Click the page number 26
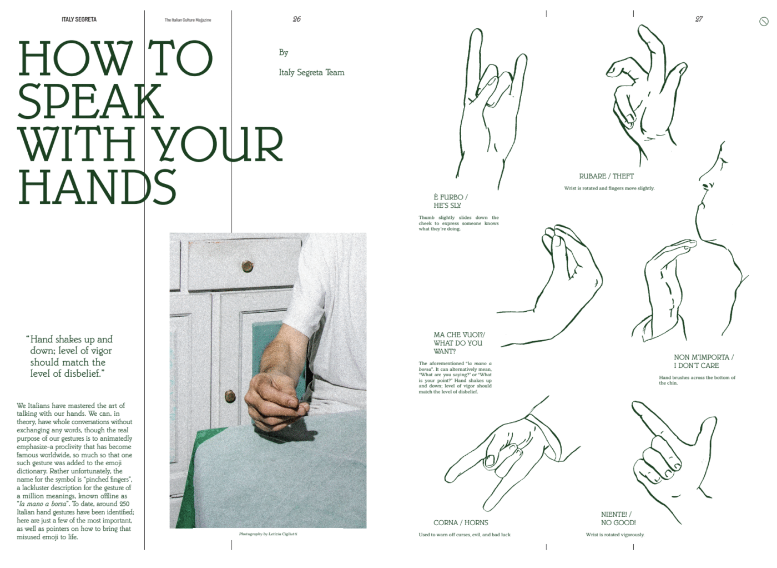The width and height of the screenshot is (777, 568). click(296, 19)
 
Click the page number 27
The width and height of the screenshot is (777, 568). click(699, 19)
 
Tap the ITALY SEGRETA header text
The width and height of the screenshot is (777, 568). click(79, 19)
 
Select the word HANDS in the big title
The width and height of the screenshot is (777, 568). click(98, 187)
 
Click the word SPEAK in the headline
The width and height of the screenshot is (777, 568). click(90, 101)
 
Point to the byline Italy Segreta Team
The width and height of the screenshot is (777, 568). click(311, 72)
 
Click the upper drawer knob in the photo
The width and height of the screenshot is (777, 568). click(248, 266)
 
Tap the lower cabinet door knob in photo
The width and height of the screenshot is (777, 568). click(230, 396)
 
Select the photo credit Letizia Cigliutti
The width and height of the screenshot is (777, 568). click(268, 534)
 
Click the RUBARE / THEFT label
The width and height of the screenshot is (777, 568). click(606, 176)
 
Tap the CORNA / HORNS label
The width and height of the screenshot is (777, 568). click(461, 523)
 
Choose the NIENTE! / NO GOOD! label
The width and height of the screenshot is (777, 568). click(618, 519)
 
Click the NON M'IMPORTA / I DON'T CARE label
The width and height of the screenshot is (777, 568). click(704, 361)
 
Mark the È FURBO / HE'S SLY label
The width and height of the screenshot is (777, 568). click(451, 201)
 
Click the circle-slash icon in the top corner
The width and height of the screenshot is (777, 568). click(764, 22)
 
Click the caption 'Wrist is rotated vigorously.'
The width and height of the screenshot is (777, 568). click(615, 535)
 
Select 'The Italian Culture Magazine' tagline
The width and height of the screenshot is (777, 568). click(188, 20)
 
